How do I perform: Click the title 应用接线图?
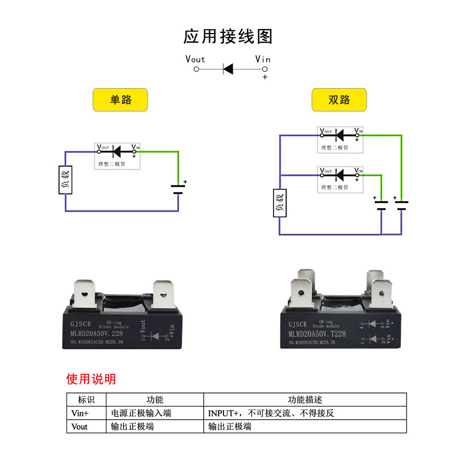pos(228,36)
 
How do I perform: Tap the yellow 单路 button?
pos(120,100)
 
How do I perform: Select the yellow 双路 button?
pos(340,100)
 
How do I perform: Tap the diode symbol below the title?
pos(228,69)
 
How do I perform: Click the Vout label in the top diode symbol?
pos(195,59)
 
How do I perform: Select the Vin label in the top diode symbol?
pos(263,59)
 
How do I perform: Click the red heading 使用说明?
pos(91,379)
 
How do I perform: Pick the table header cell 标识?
pos(86,400)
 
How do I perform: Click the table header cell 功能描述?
pos(305,400)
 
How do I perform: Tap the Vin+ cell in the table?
pos(80,413)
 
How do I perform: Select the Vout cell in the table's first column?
pos(80,426)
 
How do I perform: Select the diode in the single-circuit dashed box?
pos(117,151)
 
